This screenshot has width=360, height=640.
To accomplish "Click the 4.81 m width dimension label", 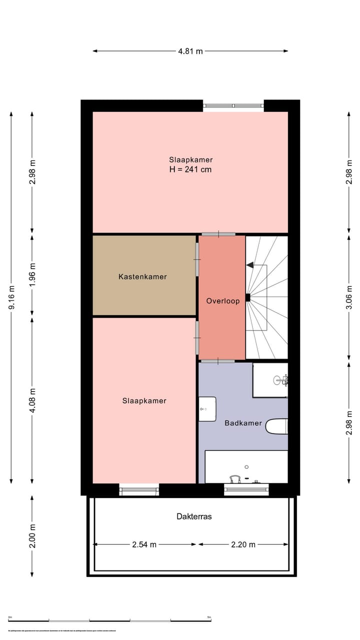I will click(x=190, y=51).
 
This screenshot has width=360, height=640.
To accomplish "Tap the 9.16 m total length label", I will click(x=11, y=297).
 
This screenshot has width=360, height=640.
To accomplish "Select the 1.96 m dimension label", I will click(x=32, y=274).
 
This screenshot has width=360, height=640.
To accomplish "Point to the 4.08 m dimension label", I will click(x=32, y=400).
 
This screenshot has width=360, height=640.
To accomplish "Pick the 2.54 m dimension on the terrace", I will click(x=144, y=544).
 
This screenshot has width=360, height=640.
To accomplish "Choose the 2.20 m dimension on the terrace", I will click(x=243, y=544).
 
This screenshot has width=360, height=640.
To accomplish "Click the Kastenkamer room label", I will click(x=142, y=276).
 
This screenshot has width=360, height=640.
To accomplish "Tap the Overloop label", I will click(x=222, y=300).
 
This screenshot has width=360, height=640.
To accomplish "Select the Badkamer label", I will click(x=243, y=423).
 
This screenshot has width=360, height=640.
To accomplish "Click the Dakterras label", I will click(x=194, y=516).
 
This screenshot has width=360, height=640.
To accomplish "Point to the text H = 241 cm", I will click(x=190, y=169).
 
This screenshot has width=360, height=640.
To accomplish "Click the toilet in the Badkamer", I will click(x=277, y=426).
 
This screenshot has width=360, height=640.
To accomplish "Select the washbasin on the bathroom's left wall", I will click(x=207, y=409).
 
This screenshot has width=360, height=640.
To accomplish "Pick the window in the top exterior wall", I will click(x=233, y=105).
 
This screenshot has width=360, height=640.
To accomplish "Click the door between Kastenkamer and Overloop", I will click(x=197, y=259).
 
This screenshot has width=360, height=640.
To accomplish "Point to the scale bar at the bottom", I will click(x=110, y=620).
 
